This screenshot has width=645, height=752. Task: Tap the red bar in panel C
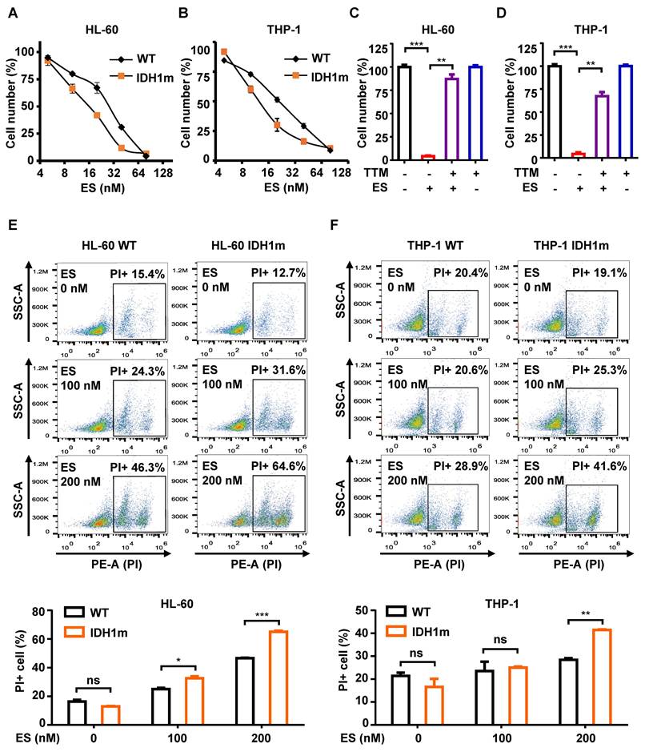pos(427,158)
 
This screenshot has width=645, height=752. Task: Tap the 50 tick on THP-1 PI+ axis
pos(371,610)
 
